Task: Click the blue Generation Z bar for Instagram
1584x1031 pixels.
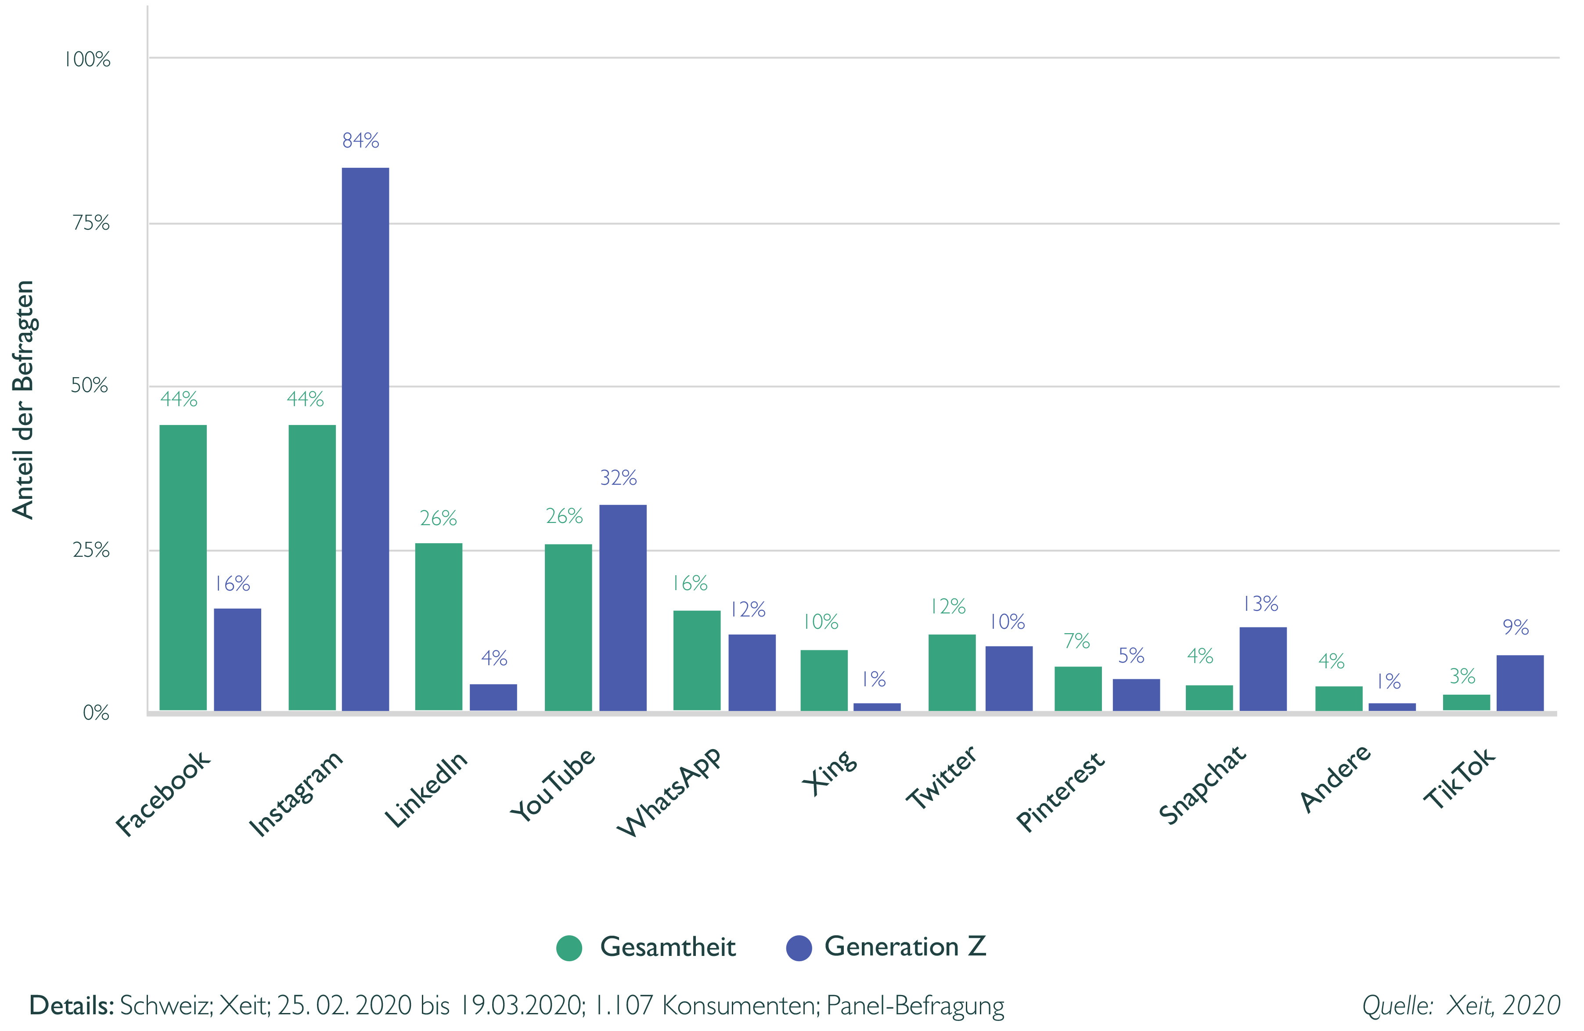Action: click(365, 439)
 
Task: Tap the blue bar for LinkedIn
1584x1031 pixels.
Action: click(493, 697)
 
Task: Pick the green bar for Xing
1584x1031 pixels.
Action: click(824, 680)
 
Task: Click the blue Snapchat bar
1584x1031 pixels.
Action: click(1263, 668)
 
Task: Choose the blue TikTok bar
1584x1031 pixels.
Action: click(1519, 682)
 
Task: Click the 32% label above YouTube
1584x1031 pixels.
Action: click(618, 477)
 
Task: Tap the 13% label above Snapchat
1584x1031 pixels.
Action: click(1260, 604)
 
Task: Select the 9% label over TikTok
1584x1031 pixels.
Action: click(1516, 627)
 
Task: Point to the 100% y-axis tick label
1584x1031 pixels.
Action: click(88, 59)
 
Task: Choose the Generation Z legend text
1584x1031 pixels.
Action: click(905, 946)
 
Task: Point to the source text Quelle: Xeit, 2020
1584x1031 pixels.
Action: click(1461, 1005)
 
